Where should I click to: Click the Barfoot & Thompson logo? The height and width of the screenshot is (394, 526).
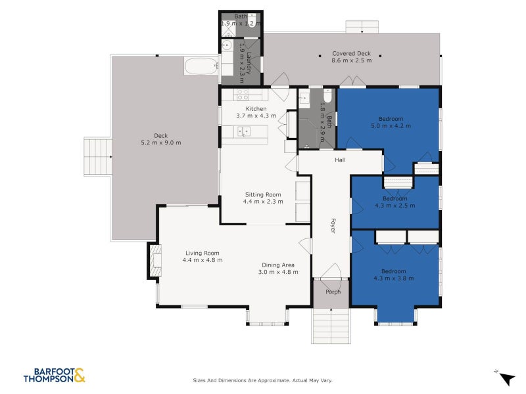54,375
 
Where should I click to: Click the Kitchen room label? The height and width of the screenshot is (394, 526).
256,108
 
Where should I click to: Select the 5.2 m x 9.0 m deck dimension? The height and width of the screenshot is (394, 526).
161,142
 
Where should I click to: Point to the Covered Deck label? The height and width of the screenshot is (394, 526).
352,54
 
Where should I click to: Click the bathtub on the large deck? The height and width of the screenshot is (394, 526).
201,67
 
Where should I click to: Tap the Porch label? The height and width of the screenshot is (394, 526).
333,292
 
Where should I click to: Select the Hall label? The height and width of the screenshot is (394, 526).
340,160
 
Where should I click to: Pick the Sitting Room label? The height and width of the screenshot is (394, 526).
263,194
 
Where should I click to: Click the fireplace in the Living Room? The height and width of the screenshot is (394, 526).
156,260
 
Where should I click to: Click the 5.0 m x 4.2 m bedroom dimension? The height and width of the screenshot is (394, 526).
391,125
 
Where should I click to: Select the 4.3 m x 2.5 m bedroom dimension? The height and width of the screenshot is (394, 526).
394,206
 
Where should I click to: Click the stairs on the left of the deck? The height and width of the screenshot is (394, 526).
97,156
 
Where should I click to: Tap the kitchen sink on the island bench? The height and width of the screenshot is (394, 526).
244,133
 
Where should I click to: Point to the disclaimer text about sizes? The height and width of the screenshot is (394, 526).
262,380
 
